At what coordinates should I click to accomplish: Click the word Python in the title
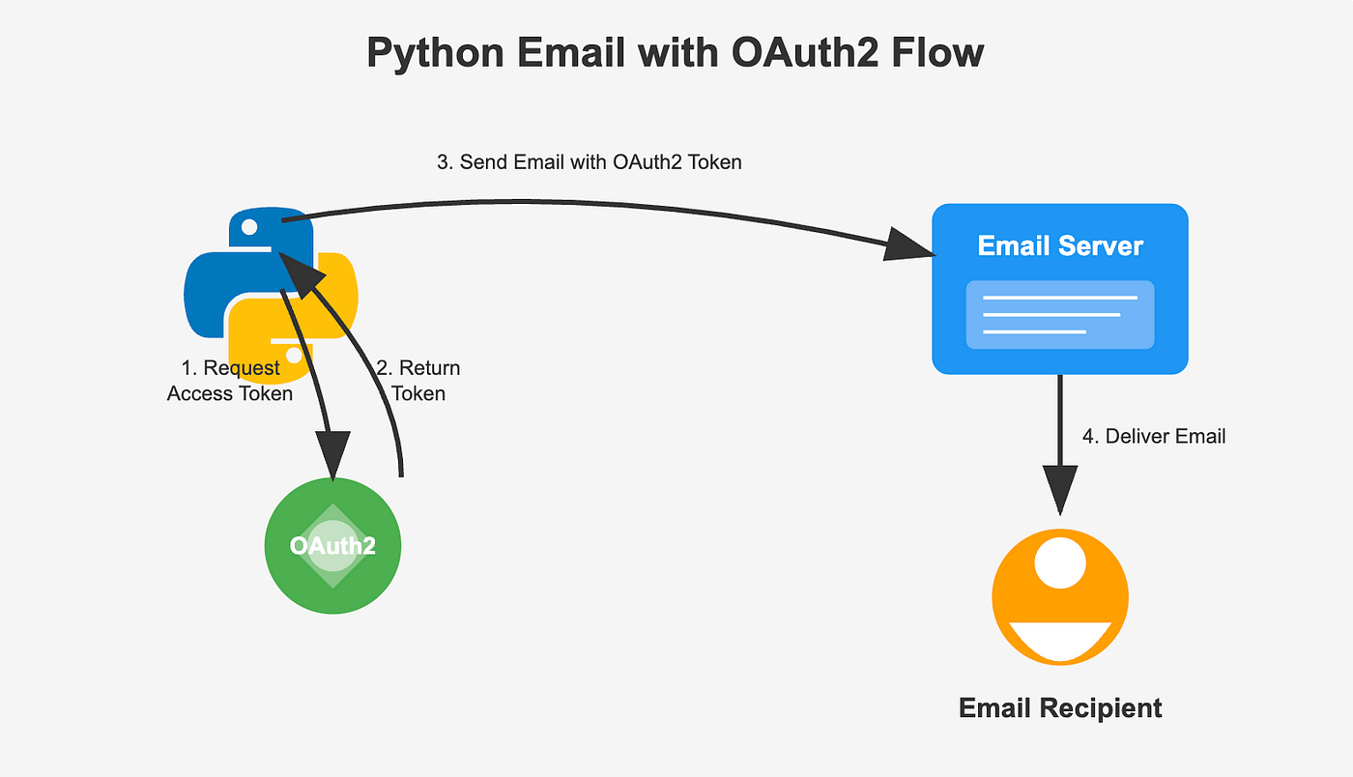click(x=435, y=54)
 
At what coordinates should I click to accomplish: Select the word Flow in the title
click(x=938, y=52)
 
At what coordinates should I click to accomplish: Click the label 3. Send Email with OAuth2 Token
click(x=589, y=162)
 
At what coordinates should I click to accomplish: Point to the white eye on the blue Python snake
click(x=249, y=227)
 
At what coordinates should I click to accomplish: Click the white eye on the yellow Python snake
click(x=294, y=355)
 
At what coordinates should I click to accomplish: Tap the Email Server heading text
click(x=1060, y=245)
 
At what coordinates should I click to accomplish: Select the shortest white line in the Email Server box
click(x=1035, y=331)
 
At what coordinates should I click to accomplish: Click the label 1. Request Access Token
click(x=230, y=381)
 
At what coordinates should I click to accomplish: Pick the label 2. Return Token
click(x=417, y=381)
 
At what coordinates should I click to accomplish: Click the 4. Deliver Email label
click(x=1154, y=436)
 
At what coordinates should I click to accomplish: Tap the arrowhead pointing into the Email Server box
click(x=909, y=245)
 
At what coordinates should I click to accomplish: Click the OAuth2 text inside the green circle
click(x=332, y=546)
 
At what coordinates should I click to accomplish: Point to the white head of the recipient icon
click(x=1060, y=562)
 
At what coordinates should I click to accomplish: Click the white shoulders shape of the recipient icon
click(x=1060, y=641)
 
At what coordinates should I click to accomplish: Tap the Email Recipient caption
click(x=1060, y=708)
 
